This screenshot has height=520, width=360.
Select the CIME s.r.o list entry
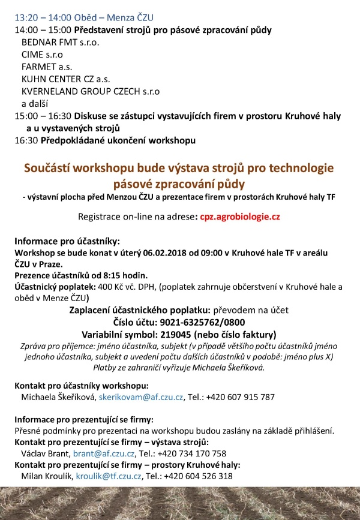[42, 55]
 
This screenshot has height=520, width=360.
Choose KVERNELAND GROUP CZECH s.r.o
[91, 91]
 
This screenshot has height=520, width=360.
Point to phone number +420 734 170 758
[191, 453]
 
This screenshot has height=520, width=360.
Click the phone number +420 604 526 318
[198, 476]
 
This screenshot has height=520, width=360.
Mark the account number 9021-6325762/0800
[204, 323]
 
